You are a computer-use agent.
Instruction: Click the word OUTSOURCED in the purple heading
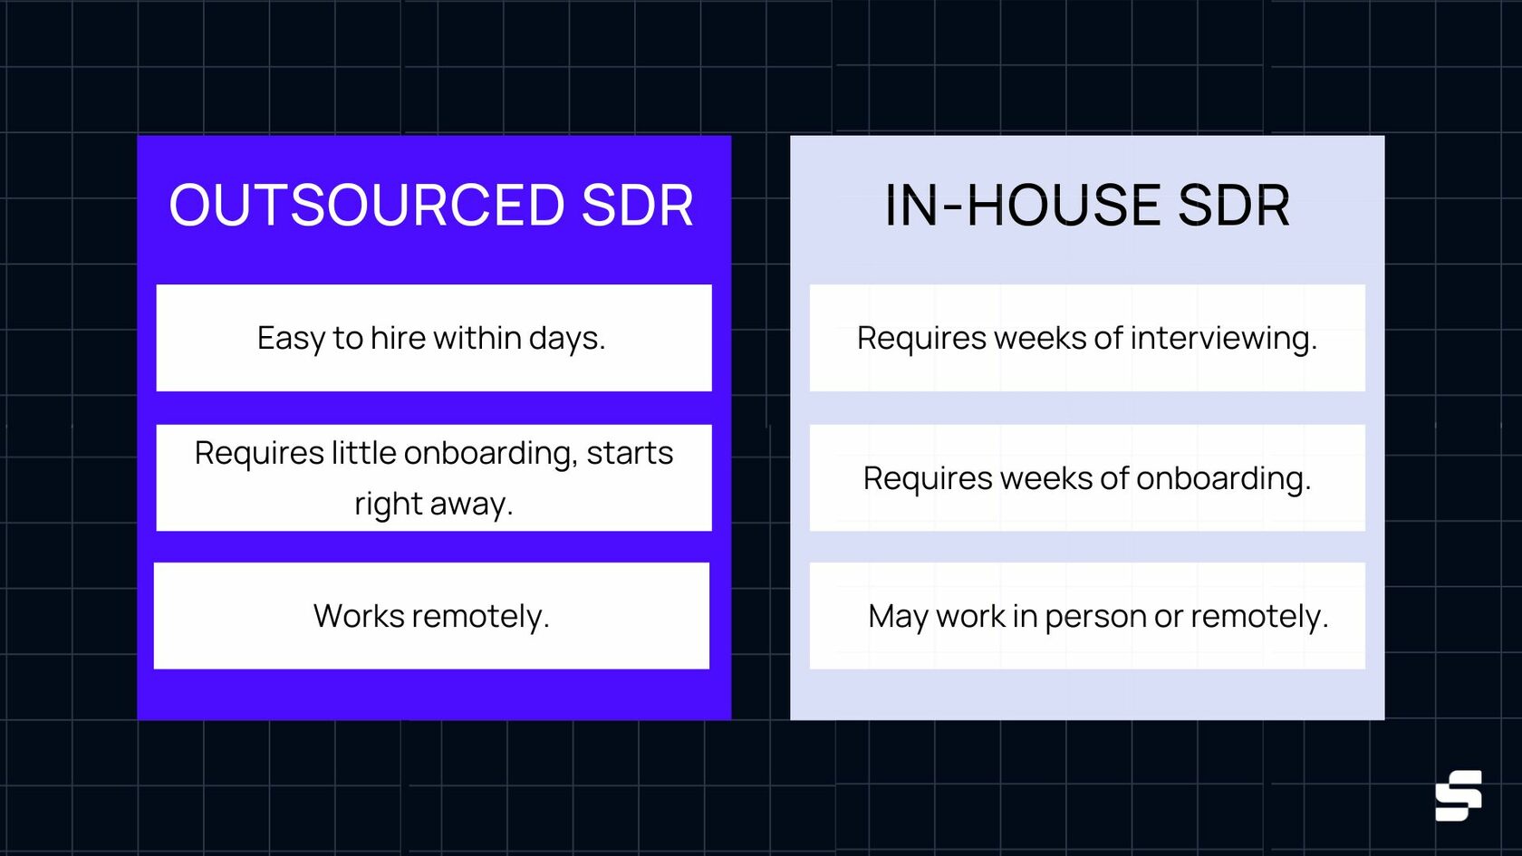coord(367,206)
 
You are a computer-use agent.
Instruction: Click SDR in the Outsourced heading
coord(637,206)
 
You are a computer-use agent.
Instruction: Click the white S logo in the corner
coord(1458,795)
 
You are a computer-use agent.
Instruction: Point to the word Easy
coord(291,339)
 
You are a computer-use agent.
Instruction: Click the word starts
coord(630,453)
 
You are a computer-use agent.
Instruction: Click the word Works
coord(359,616)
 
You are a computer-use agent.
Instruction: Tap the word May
coord(898,617)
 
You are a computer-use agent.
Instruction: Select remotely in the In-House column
coord(1258,617)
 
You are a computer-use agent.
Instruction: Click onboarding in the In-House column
coord(1222,478)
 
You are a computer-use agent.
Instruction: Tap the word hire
coord(397,339)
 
